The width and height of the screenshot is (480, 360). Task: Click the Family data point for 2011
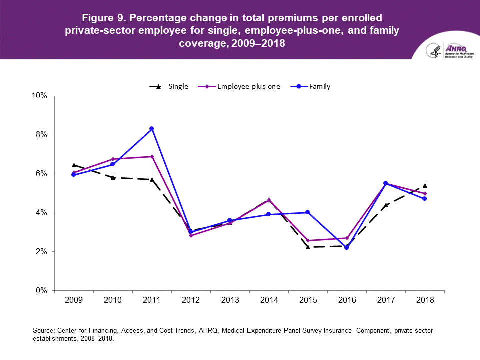151,129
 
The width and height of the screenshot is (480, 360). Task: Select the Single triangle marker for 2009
74,165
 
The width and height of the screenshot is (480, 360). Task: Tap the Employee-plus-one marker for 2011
151,157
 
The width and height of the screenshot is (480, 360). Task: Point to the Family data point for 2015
308,212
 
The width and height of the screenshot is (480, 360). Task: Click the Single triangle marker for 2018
425,185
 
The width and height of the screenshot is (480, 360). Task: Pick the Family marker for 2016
347,248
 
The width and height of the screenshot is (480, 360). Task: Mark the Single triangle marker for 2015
308,247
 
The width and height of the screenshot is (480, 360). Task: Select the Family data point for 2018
425,199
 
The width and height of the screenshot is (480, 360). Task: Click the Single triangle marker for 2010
113,177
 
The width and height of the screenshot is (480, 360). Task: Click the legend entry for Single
169,86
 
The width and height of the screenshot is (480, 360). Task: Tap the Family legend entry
313,86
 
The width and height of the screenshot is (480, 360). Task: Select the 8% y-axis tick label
41,135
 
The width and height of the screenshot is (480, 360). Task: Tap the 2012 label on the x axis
190,300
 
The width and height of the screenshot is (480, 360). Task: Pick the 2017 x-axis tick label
385,300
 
